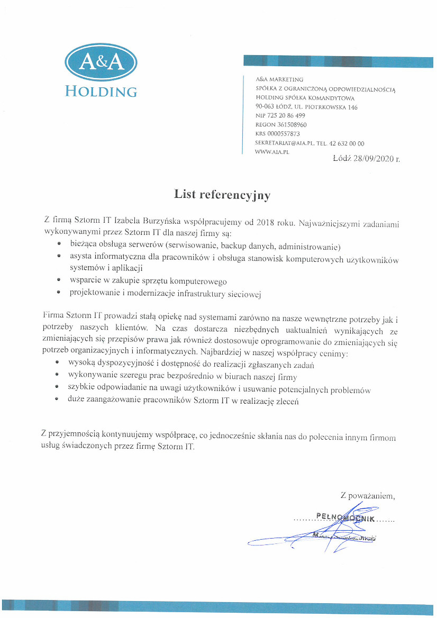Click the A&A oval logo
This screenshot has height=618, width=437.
click(x=101, y=63)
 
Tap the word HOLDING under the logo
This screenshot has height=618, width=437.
click(x=101, y=91)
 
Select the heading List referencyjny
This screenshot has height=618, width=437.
click(x=222, y=195)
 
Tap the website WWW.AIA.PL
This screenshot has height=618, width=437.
click(x=272, y=152)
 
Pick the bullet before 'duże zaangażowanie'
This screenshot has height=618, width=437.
click(x=59, y=402)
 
